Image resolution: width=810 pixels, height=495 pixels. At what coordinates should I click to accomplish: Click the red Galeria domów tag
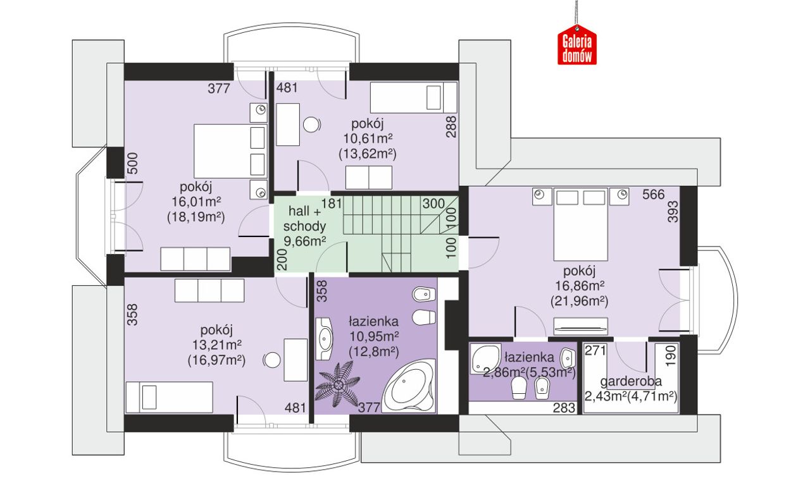(576, 46)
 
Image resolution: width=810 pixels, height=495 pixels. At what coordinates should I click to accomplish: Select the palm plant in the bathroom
(338, 386)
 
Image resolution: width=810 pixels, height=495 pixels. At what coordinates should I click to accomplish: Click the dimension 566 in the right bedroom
(654, 195)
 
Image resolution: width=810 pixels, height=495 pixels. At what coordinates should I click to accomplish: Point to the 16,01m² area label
(196, 202)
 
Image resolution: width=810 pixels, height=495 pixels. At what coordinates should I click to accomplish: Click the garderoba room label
(631, 381)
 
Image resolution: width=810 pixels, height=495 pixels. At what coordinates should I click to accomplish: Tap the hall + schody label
(304, 219)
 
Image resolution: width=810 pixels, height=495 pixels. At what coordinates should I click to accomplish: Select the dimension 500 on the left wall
(133, 163)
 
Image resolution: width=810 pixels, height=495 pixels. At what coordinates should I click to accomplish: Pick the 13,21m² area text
(217, 345)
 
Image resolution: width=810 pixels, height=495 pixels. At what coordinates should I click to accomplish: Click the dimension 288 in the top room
(451, 126)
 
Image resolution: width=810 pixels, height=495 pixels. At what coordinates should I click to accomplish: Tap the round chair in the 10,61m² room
(311, 125)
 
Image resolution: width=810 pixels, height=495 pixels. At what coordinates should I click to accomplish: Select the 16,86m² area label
(580, 286)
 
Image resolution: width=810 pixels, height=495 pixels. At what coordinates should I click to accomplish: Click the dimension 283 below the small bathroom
(564, 408)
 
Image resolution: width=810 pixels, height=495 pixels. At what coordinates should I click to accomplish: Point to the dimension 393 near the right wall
(673, 212)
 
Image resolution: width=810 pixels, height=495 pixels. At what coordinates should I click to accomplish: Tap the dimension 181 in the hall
(332, 204)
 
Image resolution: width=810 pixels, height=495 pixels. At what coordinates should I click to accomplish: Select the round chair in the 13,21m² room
(272, 360)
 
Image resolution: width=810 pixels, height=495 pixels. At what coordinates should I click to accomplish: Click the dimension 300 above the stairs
(433, 204)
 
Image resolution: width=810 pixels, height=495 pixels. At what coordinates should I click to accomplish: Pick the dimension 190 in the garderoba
(670, 356)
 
